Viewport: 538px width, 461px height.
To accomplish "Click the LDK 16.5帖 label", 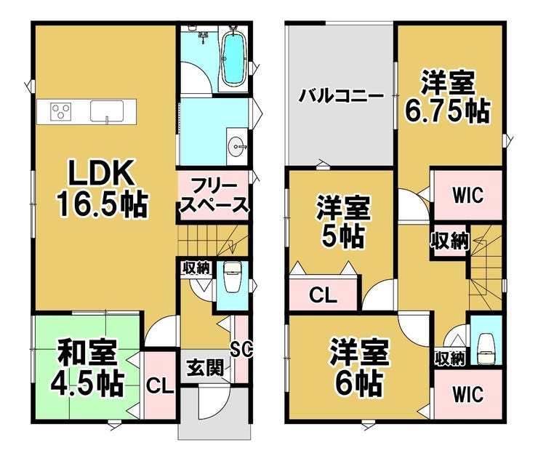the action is coord(103,188).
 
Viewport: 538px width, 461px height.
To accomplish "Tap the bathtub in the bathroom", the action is coord(234,58).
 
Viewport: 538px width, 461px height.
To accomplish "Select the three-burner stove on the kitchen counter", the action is coord(61,111).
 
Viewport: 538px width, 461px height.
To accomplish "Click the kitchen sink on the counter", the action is coord(107,111).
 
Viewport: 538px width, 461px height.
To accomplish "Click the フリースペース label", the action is coord(214,196).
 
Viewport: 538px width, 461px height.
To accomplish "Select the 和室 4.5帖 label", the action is coord(87,366).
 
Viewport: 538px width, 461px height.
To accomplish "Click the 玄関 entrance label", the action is coord(204,368).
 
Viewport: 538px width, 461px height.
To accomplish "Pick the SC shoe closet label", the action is coord(241,349).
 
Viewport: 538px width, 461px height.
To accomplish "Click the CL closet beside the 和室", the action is coord(160,387).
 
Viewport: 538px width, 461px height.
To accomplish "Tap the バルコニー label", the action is coord(341,96).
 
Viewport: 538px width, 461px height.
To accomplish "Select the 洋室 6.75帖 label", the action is coord(448,97).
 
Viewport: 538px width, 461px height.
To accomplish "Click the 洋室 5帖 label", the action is coord(343,221).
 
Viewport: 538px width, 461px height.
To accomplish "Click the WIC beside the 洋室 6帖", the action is coord(467,394).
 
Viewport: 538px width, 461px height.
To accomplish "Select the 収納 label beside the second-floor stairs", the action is coord(450,241).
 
